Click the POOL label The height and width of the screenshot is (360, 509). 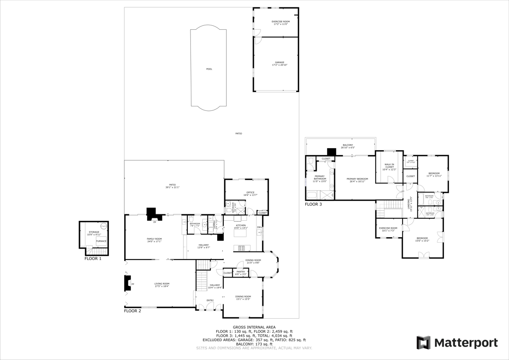tap(209, 69)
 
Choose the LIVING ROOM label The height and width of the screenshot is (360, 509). tap(162, 284)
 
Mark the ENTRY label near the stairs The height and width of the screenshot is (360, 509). tap(210, 300)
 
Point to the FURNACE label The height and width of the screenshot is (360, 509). tap(100, 241)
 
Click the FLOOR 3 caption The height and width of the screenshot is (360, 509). tap(313, 204)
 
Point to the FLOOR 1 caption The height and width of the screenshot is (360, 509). tap(93, 259)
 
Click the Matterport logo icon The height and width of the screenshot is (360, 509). tap(424, 343)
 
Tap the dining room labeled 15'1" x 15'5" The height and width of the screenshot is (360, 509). tap(243, 297)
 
